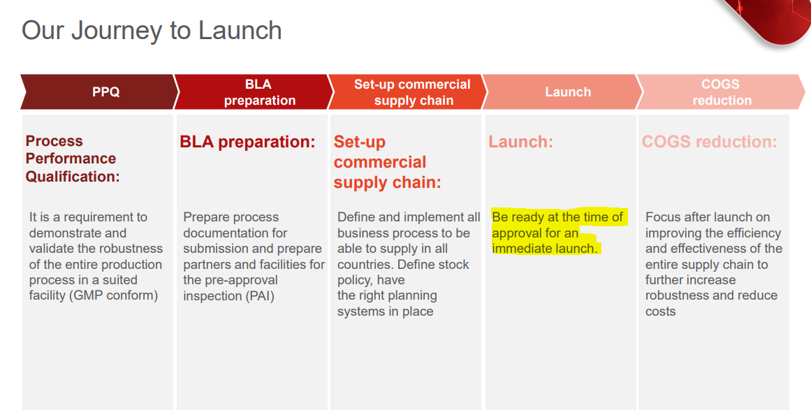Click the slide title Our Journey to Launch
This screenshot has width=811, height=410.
point(152,31)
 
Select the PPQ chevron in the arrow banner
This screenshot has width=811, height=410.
point(99,92)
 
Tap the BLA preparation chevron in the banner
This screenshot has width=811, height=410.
point(254,92)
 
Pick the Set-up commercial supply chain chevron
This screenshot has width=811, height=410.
point(407,92)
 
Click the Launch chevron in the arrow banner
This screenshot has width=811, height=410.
point(562,92)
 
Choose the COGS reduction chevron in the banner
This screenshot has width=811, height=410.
point(720,92)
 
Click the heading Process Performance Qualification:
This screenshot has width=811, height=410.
point(73,159)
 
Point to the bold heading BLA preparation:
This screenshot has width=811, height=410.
point(247,142)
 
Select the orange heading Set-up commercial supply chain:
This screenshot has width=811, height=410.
point(388,162)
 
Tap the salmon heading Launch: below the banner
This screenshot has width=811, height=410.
point(521,142)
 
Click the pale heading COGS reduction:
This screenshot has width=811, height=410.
point(710,142)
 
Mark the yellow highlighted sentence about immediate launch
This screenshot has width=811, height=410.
point(559,233)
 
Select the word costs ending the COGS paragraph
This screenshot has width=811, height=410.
point(661,312)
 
